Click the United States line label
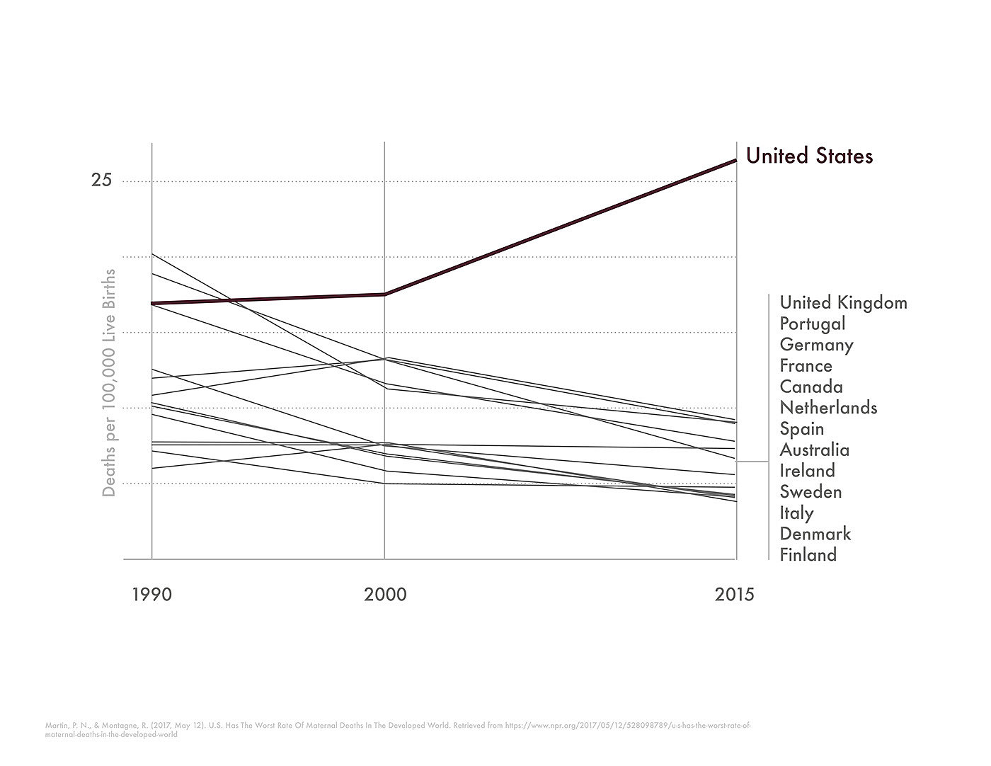809,156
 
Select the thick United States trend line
559,227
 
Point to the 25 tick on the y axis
101,180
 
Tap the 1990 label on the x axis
151,594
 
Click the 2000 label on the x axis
385,594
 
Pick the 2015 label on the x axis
735,594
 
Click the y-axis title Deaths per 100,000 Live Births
109,382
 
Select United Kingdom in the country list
843,303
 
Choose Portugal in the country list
813,324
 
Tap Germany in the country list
816,345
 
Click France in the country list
806,366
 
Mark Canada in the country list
811,387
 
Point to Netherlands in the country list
828,408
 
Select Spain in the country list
802,429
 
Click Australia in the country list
814,450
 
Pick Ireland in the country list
807,471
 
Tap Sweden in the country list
810,492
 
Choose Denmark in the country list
815,534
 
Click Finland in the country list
808,555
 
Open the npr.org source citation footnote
396,729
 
